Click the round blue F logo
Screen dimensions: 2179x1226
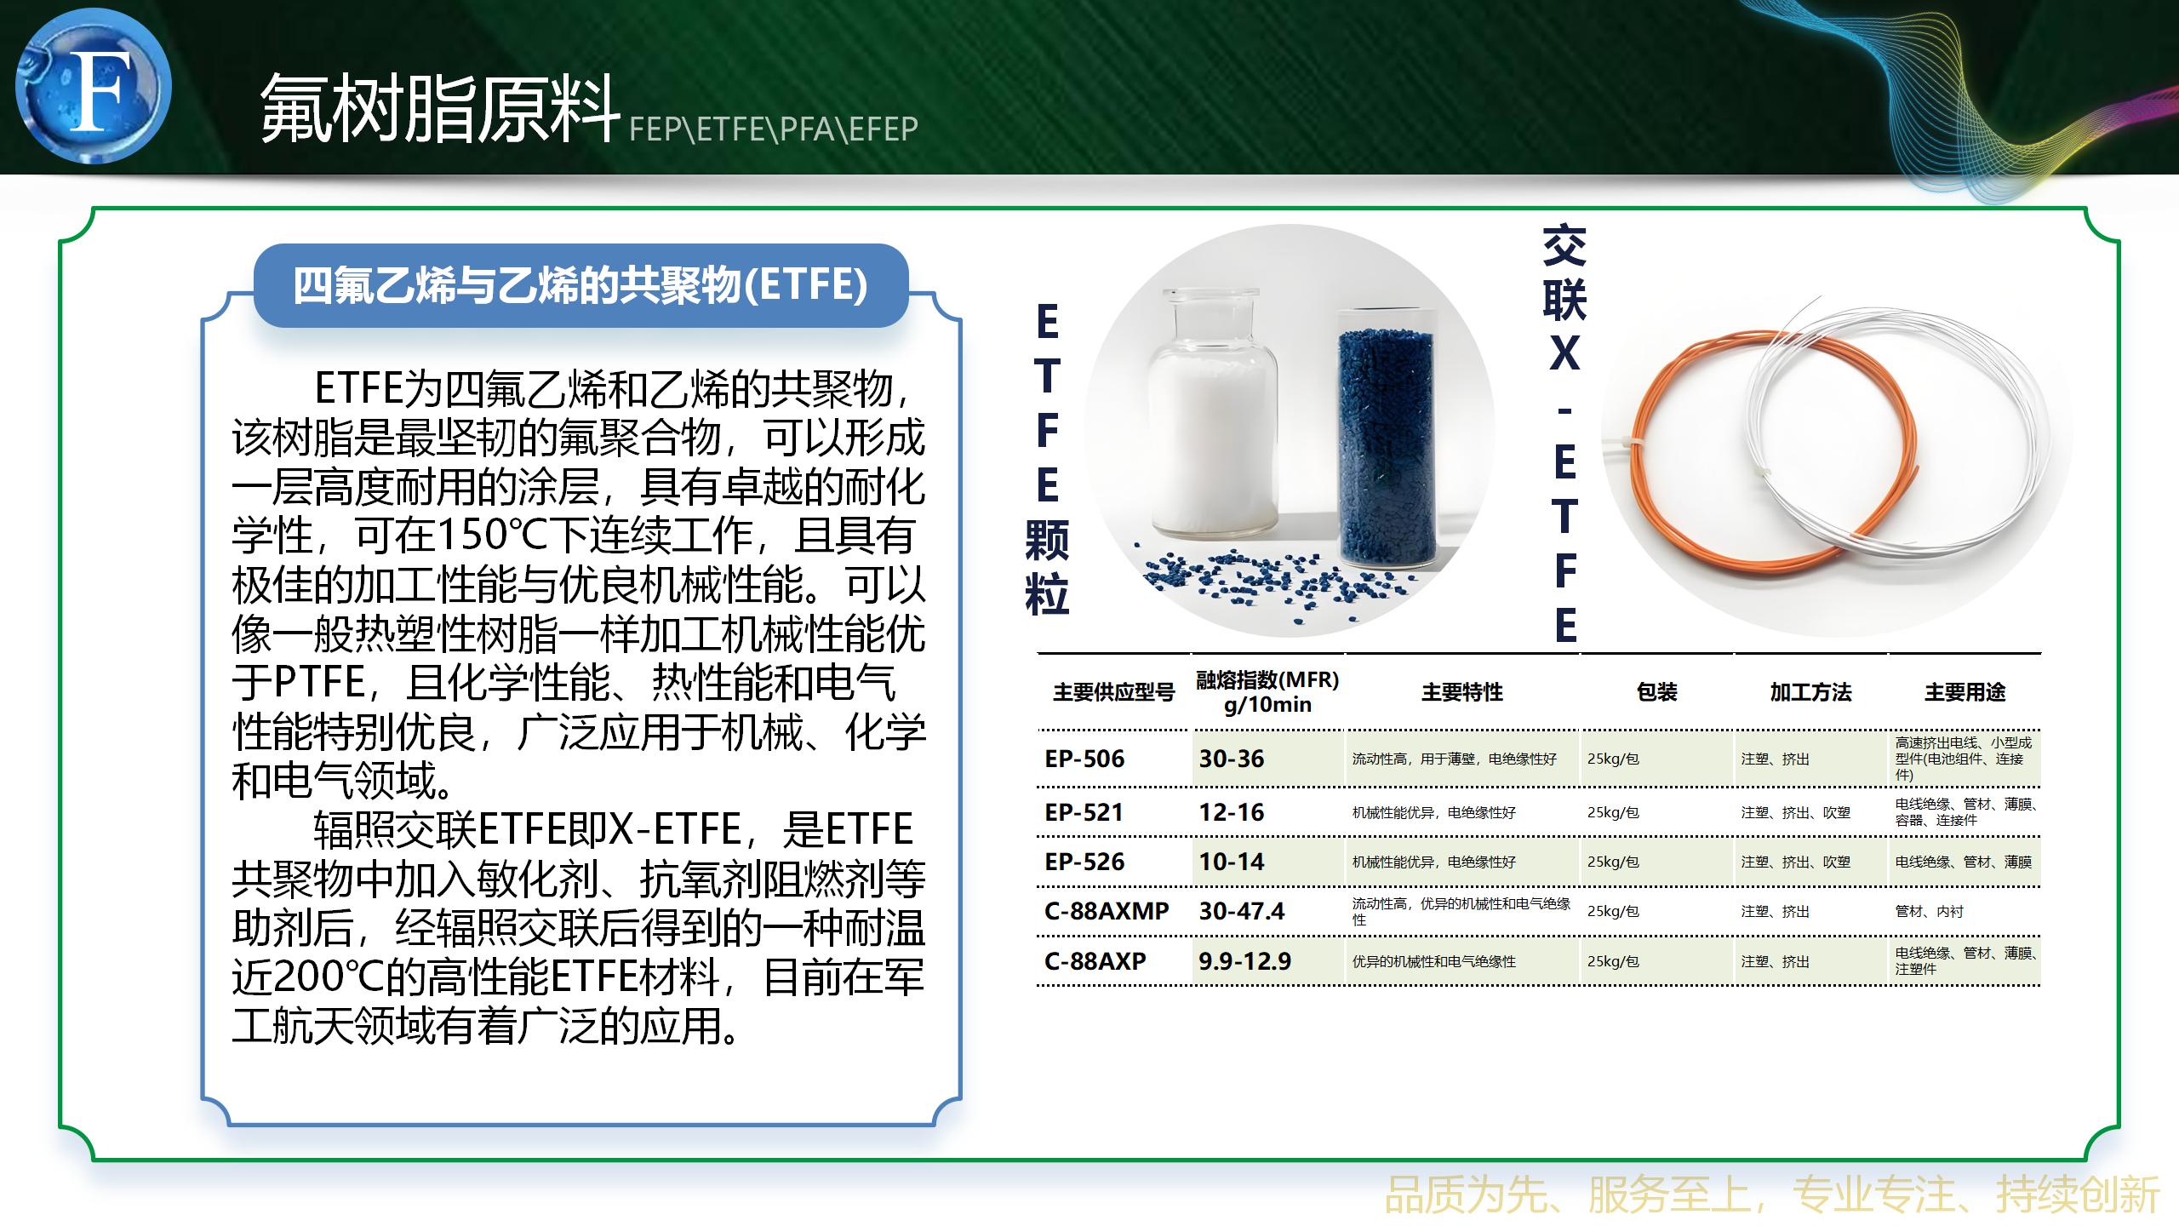(x=94, y=86)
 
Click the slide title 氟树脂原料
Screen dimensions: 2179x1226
(x=439, y=108)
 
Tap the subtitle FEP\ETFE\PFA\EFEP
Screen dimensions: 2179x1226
(x=773, y=129)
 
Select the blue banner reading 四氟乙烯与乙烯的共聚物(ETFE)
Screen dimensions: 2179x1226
(x=581, y=285)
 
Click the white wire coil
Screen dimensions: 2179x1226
(x=1898, y=426)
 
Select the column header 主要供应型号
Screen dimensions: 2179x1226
(x=1113, y=692)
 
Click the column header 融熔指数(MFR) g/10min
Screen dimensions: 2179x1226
(x=1267, y=691)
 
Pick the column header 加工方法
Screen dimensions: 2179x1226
(x=1810, y=692)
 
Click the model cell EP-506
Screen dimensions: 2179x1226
(x=1084, y=759)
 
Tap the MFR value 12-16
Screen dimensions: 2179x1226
(x=1232, y=812)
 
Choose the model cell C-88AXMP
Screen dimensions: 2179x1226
(x=1107, y=911)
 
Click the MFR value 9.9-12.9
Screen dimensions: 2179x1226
(x=1244, y=961)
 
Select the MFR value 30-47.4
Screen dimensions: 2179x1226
(x=1242, y=911)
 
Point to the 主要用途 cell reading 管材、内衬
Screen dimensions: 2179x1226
(x=1929, y=912)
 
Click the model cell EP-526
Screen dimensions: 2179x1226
(x=1084, y=862)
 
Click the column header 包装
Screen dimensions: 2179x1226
(x=1656, y=692)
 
